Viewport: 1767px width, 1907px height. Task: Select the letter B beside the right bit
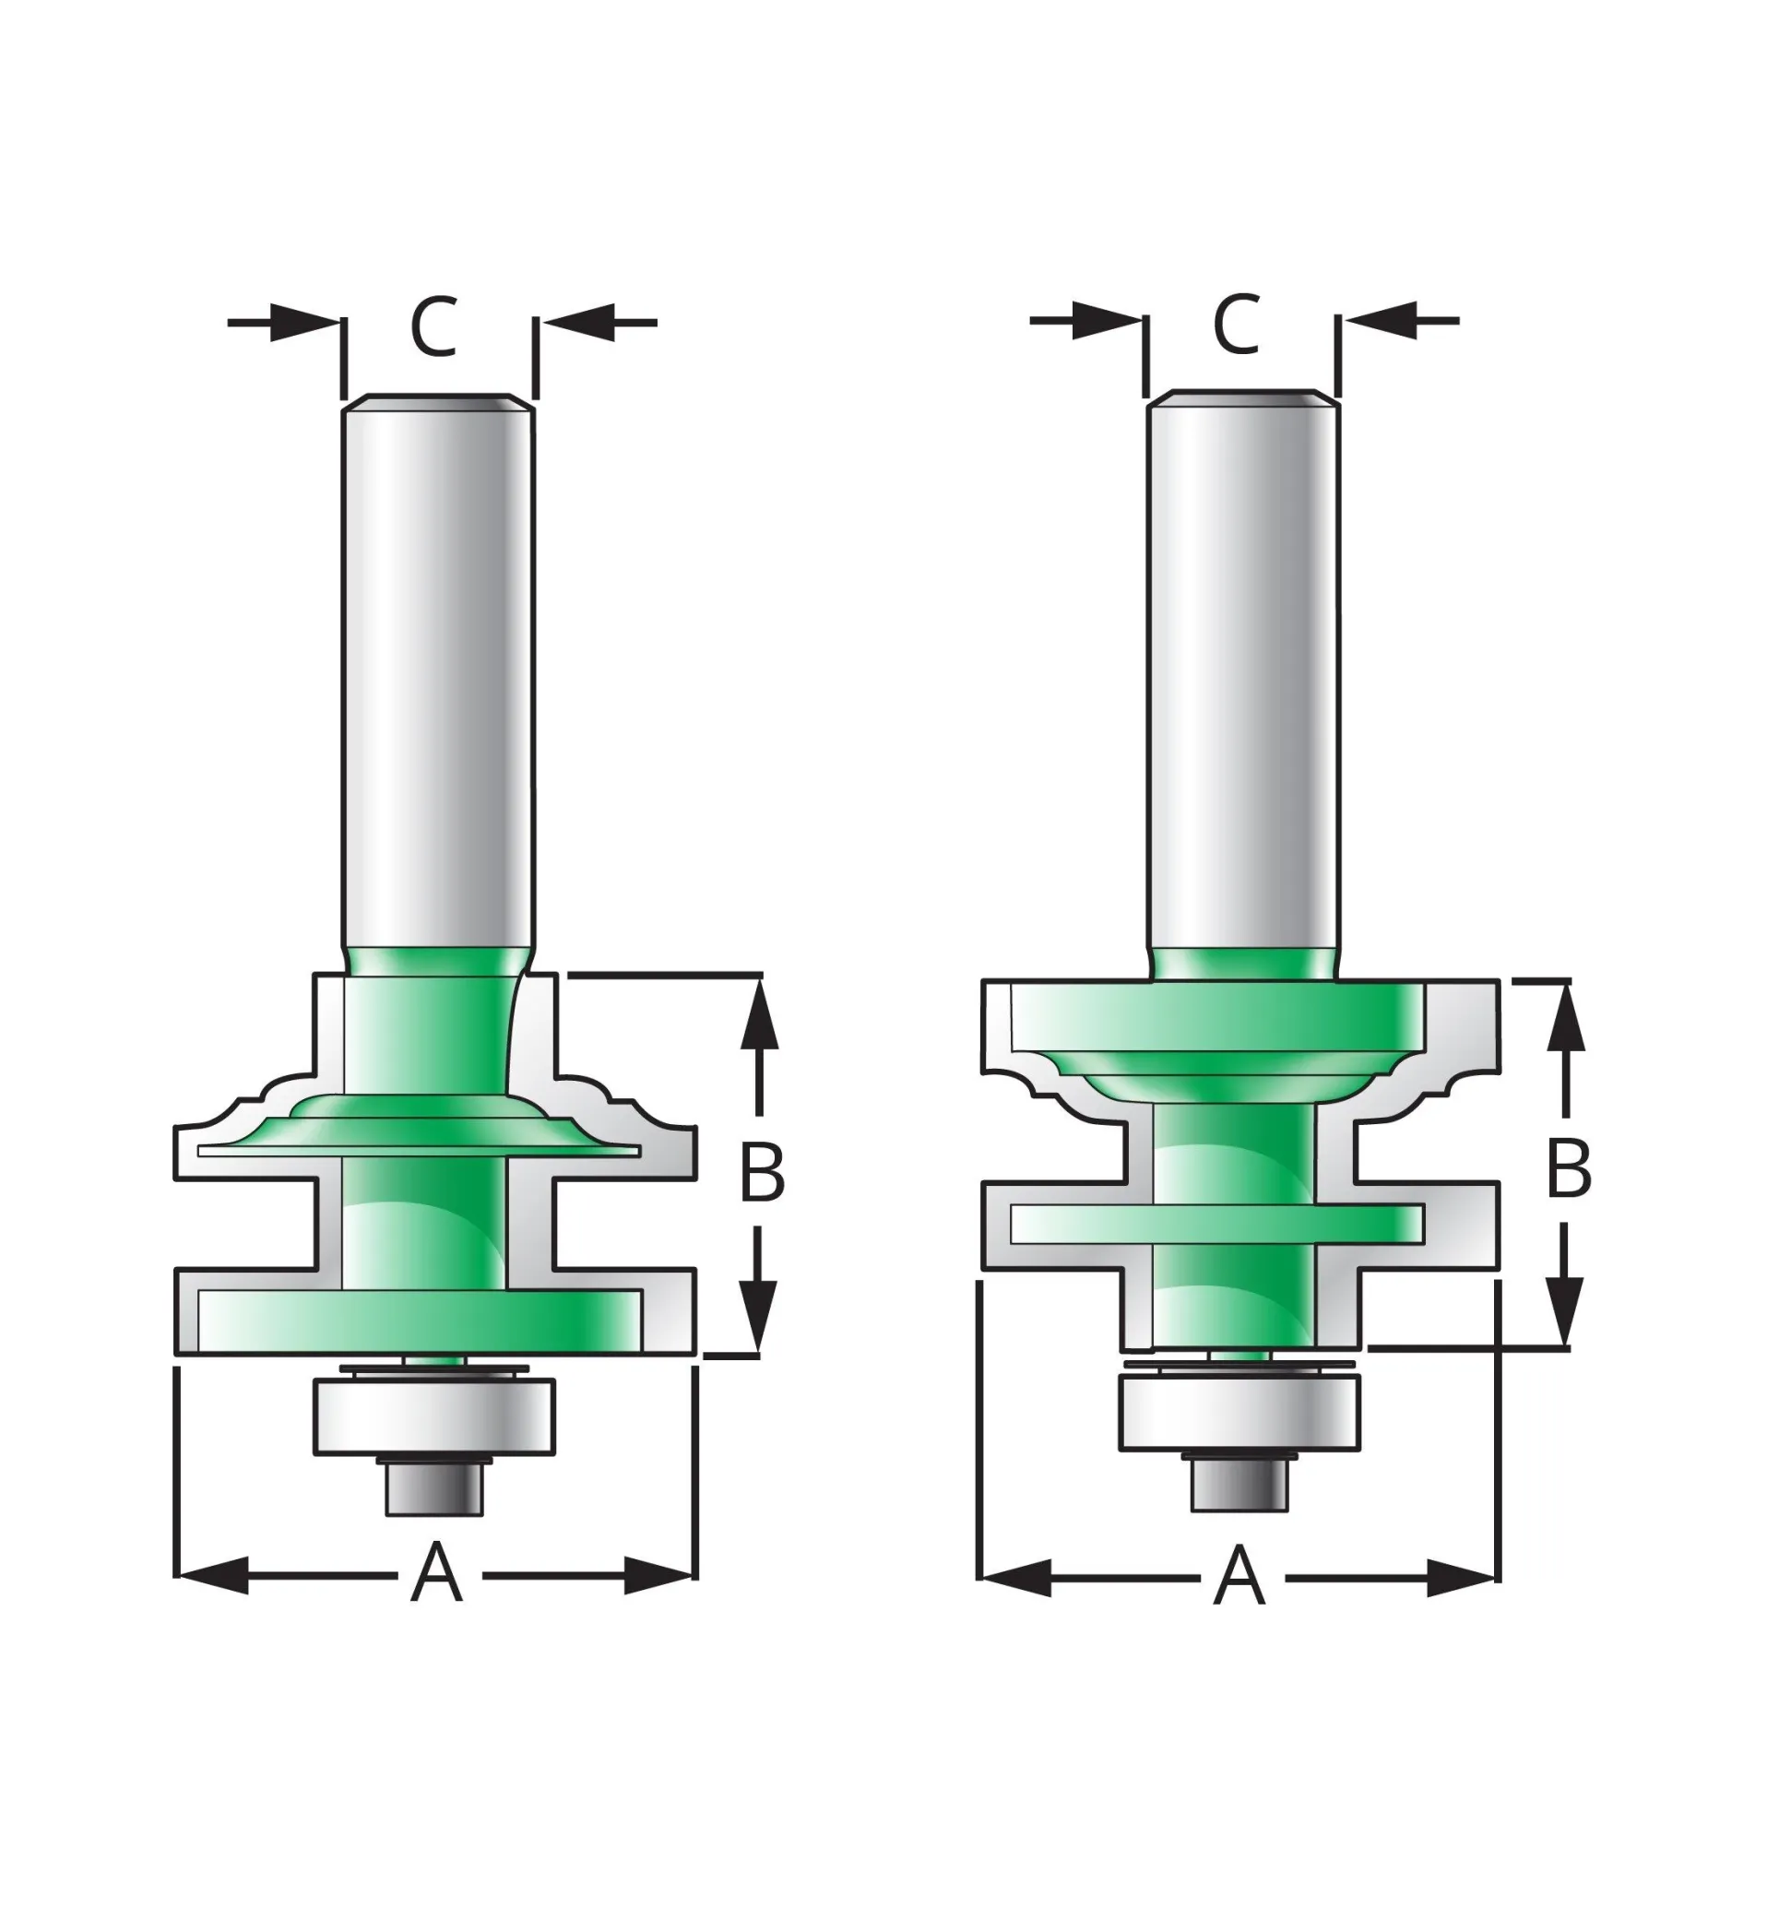point(1569,1167)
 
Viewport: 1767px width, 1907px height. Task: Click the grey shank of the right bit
point(1243,669)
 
